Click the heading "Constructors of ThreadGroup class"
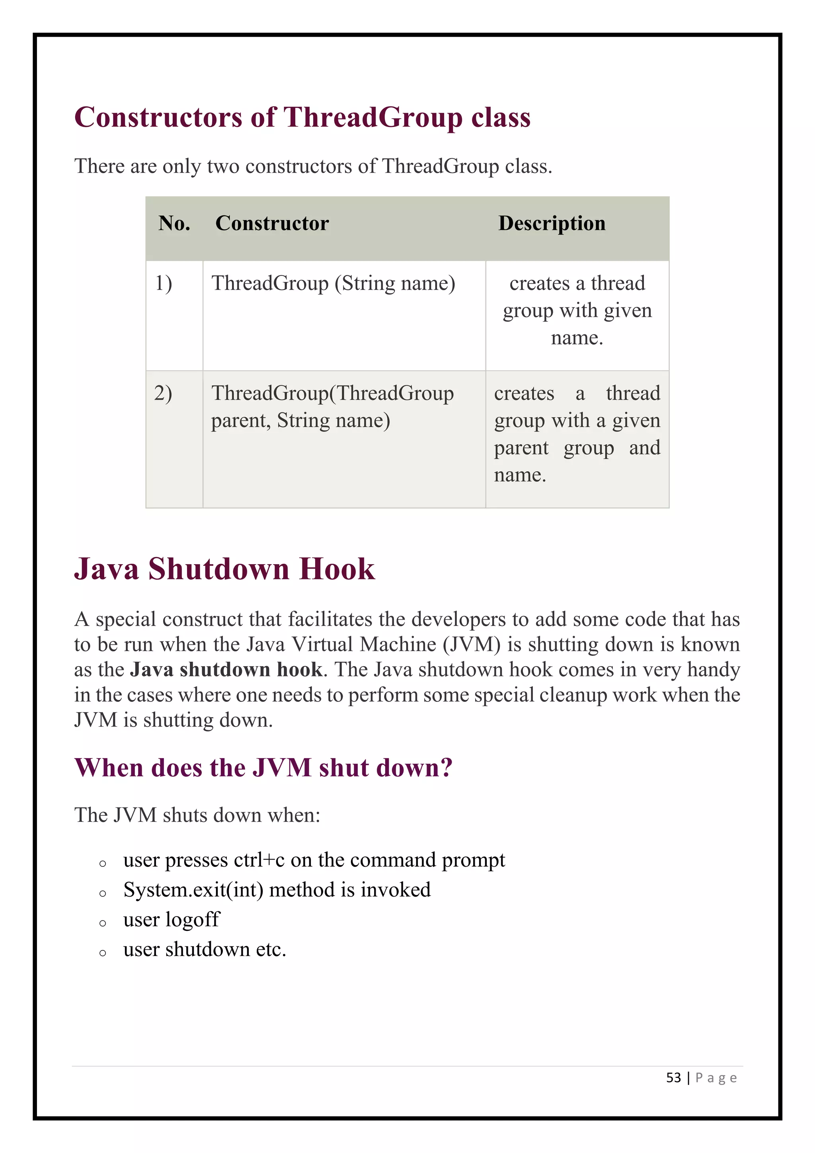tap(302, 117)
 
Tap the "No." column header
tap(174, 223)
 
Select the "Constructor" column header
tap(272, 223)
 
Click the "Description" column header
tap(552, 223)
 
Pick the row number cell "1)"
tap(164, 284)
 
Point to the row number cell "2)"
tap(163, 393)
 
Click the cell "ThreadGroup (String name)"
tap(333, 284)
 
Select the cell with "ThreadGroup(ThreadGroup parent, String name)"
tap(332, 407)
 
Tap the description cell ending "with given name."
tap(577, 311)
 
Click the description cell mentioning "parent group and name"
tap(577, 434)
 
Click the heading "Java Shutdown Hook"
tap(224, 569)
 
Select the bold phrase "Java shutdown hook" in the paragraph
tap(226, 670)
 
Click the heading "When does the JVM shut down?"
tap(263, 768)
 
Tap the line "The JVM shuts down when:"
tap(197, 815)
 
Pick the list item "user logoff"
tap(172, 919)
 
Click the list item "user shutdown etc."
tap(205, 950)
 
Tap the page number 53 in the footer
tap(673, 1078)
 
